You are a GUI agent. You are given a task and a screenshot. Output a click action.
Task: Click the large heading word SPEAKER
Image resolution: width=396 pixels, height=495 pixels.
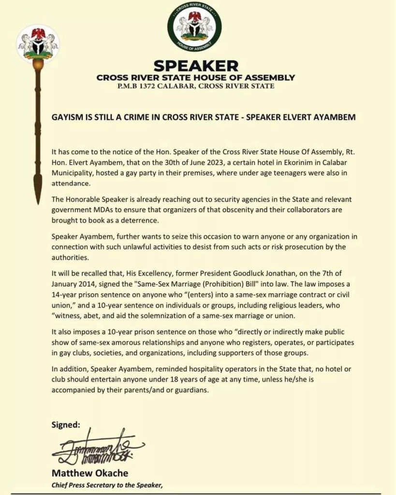coord(196,66)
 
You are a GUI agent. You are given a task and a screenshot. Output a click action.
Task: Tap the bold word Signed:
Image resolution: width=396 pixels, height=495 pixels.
coord(66,425)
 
